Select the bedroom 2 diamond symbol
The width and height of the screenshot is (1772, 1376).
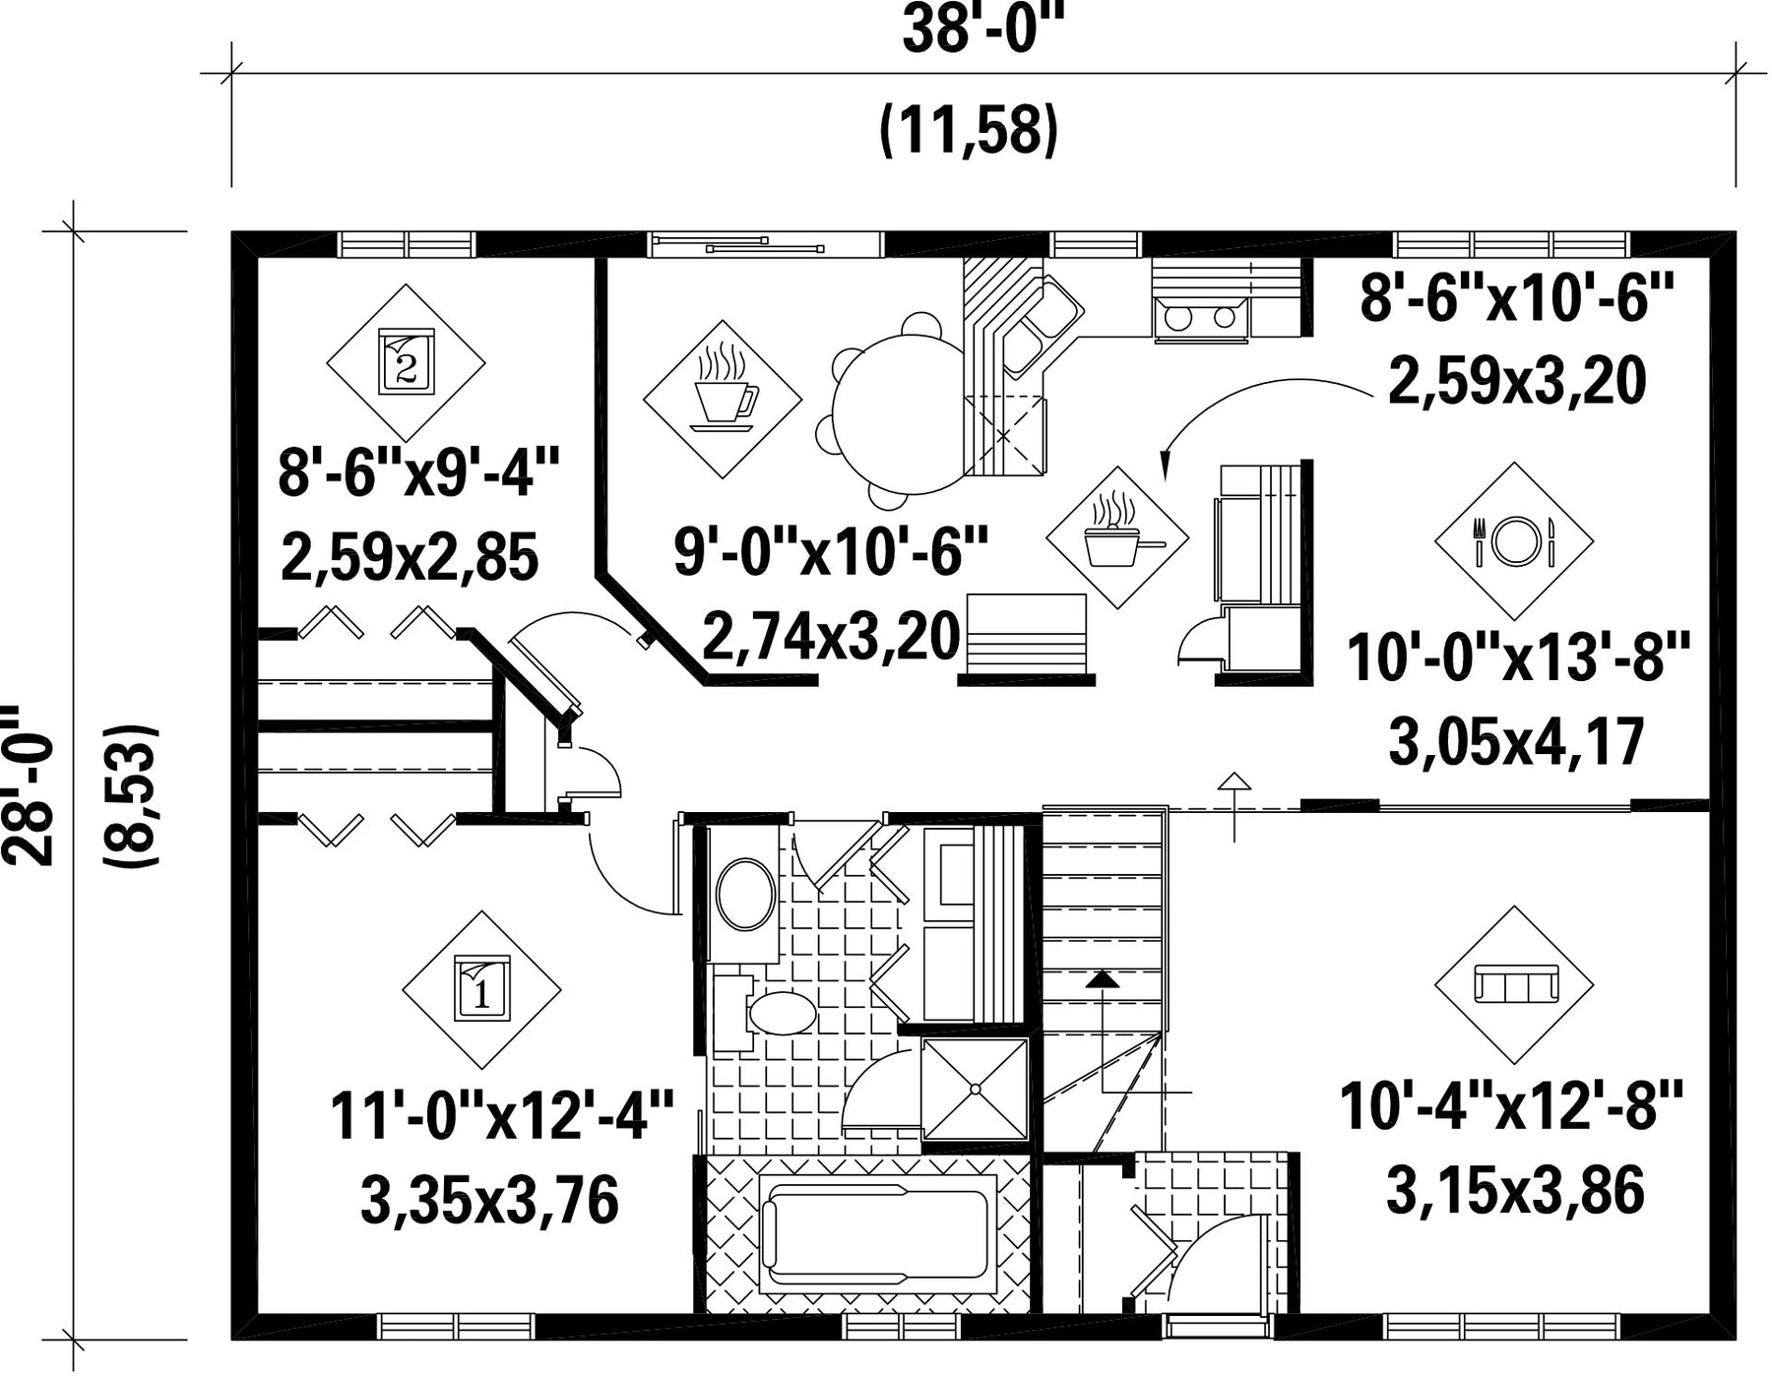[x=406, y=363]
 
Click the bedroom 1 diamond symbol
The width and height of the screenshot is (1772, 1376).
[x=481, y=989]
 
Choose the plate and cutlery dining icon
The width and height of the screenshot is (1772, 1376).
[x=1514, y=540]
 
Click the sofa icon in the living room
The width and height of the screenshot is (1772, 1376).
[x=1514, y=984]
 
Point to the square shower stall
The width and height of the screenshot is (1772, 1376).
[x=975, y=1089]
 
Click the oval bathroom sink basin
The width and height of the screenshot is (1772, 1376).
[x=746, y=895]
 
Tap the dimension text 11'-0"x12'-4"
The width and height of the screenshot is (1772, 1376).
[x=501, y=1115]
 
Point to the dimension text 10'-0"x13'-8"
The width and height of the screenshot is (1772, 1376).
[x=1518, y=657]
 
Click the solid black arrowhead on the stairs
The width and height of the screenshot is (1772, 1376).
[x=1103, y=979]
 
